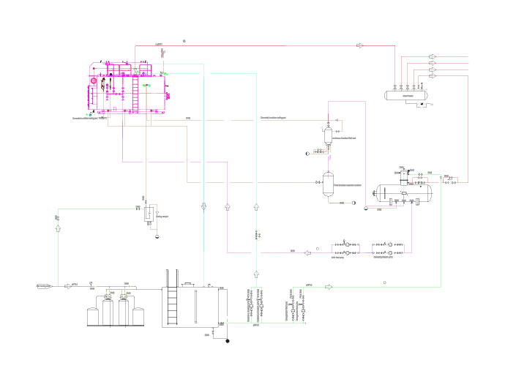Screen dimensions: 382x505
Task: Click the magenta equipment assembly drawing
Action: pyautogui.click(x=129, y=89)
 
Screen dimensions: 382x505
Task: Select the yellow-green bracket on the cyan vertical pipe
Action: pyautogui.click(x=258, y=235)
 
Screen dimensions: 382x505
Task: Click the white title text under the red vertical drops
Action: pyautogui.click(x=409, y=89)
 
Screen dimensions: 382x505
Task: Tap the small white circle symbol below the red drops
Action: pyautogui.click(x=432, y=104)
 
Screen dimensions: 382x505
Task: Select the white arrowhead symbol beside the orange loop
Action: pyautogui.click(x=321, y=127)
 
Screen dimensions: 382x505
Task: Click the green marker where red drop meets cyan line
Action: pyautogui.click(x=165, y=74)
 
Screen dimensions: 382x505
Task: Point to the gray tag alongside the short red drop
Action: pyautogui.click(x=158, y=45)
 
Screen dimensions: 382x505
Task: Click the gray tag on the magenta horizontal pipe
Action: pyautogui.click(x=293, y=251)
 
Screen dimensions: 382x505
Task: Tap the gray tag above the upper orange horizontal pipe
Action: pyautogui.click(x=188, y=118)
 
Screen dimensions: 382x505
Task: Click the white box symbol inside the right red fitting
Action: pyautogui.click(x=450, y=182)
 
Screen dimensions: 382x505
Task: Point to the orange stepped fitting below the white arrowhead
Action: pyautogui.click(x=320, y=151)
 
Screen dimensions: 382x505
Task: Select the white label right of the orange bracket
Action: pyautogui.click(x=162, y=217)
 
